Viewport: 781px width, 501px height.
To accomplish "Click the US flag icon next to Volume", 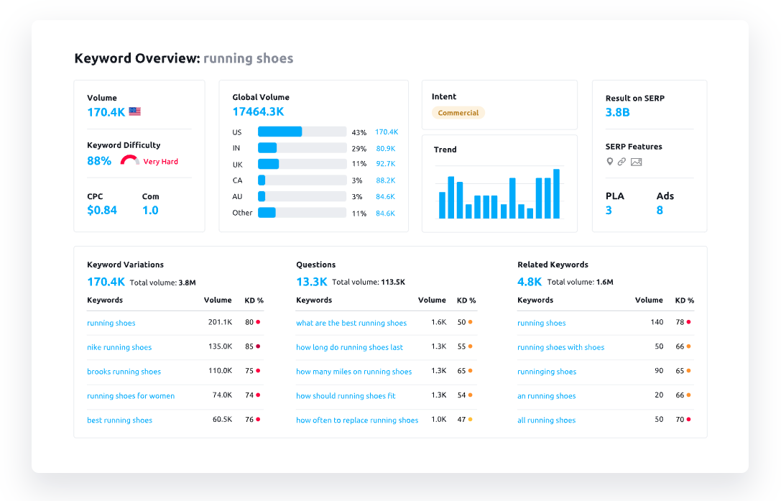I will (x=134, y=111).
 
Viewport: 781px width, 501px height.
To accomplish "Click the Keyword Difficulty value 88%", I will (x=99, y=161).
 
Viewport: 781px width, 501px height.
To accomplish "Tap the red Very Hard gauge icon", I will (x=130, y=160).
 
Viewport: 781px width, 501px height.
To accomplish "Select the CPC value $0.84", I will (x=102, y=211).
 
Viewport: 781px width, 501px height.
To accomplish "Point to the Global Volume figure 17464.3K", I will (x=258, y=111).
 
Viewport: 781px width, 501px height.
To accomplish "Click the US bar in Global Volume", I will (x=280, y=132).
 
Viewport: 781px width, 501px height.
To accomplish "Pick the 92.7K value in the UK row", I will (x=386, y=165).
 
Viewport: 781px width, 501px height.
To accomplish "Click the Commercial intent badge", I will (x=458, y=113).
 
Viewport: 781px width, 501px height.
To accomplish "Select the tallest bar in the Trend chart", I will (x=556, y=193).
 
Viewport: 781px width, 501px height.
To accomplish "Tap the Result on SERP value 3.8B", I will (x=618, y=112).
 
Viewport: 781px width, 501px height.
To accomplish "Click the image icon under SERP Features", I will (x=636, y=162).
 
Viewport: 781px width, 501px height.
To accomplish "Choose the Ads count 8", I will (x=660, y=211).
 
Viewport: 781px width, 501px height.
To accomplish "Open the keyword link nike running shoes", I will (x=119, y=348).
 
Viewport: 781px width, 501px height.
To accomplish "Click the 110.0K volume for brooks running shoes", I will (x=220, y=371).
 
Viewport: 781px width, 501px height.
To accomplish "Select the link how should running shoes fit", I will (x=346, y=396).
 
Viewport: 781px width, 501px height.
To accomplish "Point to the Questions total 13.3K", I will (x=312, y=282).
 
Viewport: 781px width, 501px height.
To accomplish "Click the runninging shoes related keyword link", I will (x=547, y=372).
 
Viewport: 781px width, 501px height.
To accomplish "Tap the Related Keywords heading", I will (x=553, y=265).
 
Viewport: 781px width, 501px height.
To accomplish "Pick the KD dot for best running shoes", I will (x=258, y=419).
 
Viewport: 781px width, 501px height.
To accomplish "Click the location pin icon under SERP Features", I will (x=610, y=162).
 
